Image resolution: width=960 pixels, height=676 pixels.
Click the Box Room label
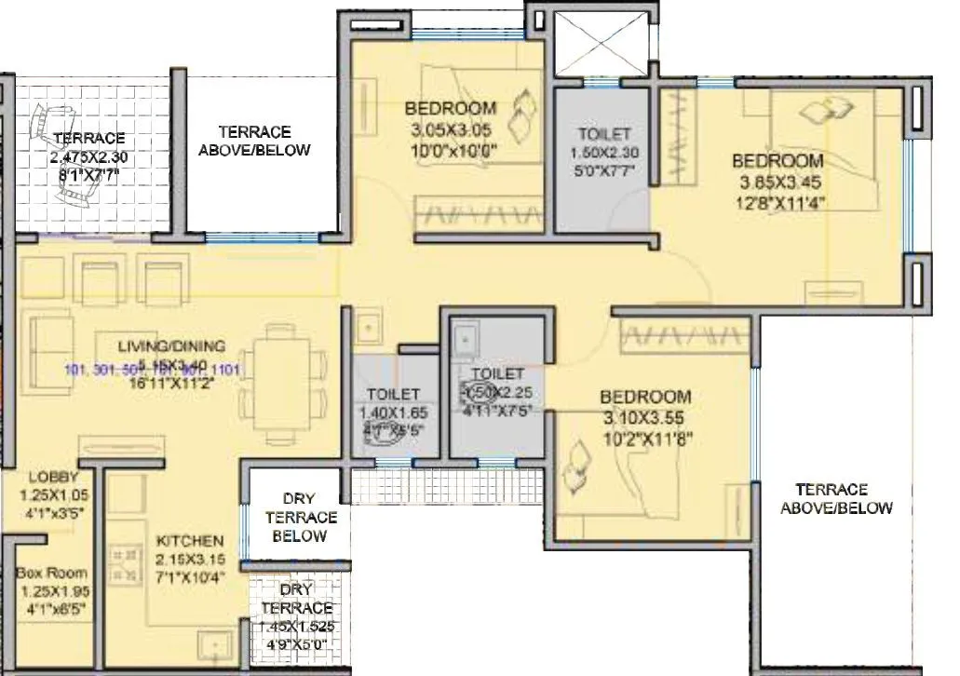point(52,573)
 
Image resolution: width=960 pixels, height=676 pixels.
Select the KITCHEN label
point(189,541)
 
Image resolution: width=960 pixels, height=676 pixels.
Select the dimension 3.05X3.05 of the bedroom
point(451,128)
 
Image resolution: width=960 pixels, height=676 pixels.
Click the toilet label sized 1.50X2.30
point(603,153)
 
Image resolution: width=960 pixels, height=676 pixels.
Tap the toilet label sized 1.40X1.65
point(393,412)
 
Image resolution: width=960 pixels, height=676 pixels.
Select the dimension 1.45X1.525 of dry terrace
point(297,627)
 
